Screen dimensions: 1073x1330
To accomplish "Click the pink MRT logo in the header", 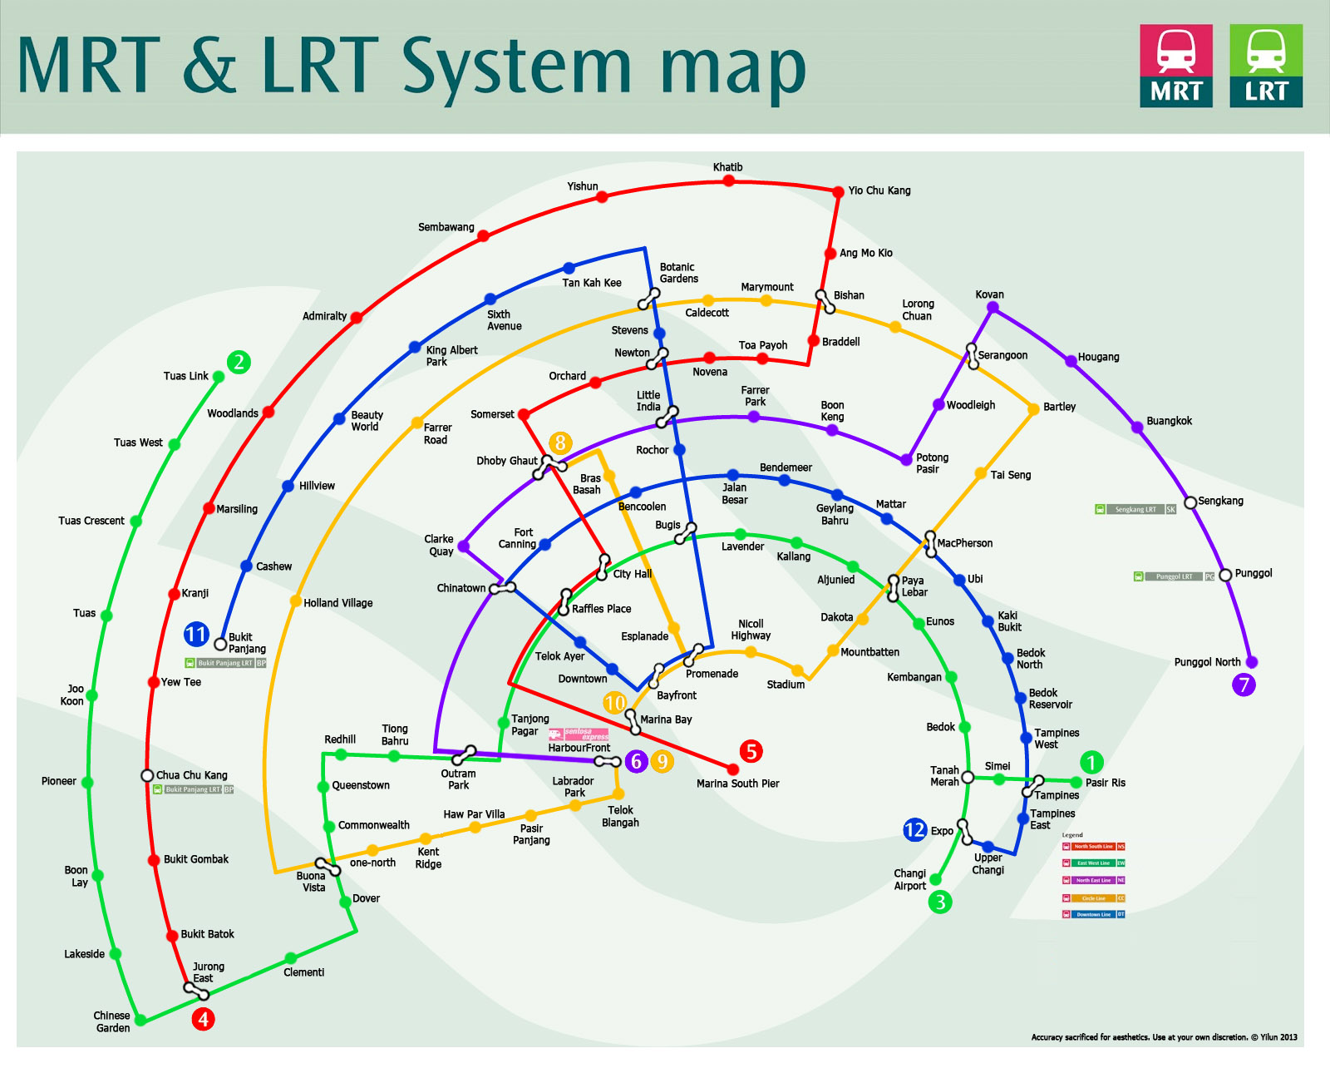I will pos(1175,66).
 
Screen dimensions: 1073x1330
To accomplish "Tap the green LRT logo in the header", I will pos(1265,66).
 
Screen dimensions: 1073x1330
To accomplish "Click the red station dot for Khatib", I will pos(728,180).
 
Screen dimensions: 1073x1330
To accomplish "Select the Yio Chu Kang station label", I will pos(879,190).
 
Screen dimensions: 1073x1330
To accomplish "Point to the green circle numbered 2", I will pos(239,362).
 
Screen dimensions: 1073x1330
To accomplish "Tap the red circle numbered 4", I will pos(203,1019).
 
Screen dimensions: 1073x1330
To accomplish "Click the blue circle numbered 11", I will pos(196,635).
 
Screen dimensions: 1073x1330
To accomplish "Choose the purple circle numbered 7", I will pos(1244,685).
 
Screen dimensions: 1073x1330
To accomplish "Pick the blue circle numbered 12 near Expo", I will pos(914,829).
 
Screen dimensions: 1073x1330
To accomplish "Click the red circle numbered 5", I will pos(751,751).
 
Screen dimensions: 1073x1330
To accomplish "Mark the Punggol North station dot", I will pos(1252,662).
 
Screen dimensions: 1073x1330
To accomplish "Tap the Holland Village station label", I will pos(337,603).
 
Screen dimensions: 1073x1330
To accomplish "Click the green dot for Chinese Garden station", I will pos(140,1020).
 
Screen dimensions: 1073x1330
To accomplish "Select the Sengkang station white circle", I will pos(1190,502).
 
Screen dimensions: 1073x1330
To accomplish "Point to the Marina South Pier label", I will pos(737,784).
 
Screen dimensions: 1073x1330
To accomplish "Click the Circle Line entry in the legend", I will pos(1094,898).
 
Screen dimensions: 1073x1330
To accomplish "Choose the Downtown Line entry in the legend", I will pos(1094,914).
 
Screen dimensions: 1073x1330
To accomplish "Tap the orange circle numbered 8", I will pos(560,443).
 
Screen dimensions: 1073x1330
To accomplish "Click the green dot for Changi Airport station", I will pos(936,879).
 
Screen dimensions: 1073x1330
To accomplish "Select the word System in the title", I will pos(517,67).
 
